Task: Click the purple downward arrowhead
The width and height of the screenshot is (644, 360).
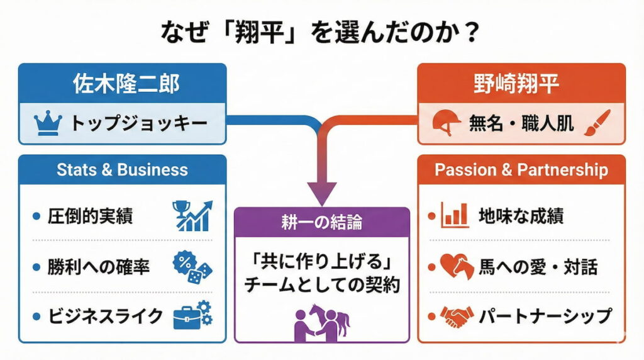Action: pyautogui.click(x=321, y=192)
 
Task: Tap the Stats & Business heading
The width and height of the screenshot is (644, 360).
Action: pyautogui.click(x=122, y=170)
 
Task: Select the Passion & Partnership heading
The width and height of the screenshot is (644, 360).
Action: pyautogui.click(x=521, y=170)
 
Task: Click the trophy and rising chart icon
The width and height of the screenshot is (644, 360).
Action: pyautogui.click(x=192, y=216)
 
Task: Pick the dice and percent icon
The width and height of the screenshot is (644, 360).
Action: pyautogui.click(x=192, y=266)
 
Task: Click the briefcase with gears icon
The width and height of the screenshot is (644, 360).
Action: pyautogui.click(x=192, y=315)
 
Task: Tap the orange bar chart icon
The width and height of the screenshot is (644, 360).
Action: pyautogui.click(x=455, y=216)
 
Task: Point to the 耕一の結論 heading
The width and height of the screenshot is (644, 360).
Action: pyautogui.click(x=321, y=222)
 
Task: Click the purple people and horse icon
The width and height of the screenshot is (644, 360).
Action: pyautogui.click(x=321, y=322)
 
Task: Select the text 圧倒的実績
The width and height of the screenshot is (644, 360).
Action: pyautogui.click(x=91, y=217)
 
